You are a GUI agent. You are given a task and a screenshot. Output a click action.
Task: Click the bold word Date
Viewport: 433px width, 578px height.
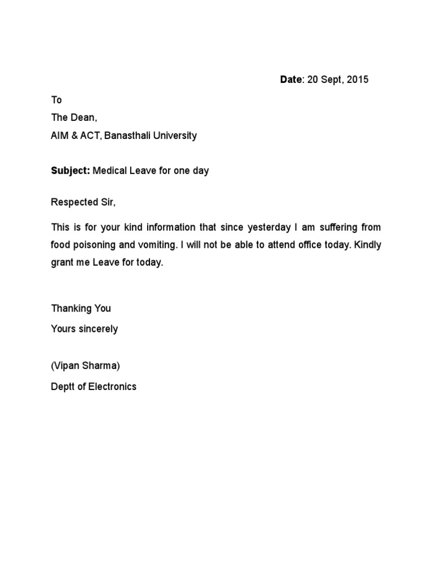(291, 80)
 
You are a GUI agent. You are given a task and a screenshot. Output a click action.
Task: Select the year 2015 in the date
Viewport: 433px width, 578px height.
(357, 80)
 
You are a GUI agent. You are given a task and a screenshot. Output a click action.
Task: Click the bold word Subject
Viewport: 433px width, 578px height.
(70, 170)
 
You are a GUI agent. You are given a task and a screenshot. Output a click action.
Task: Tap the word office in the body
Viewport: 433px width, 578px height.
(312, 245)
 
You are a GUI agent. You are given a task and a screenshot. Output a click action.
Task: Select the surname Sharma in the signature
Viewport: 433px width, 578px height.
(100, 365)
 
